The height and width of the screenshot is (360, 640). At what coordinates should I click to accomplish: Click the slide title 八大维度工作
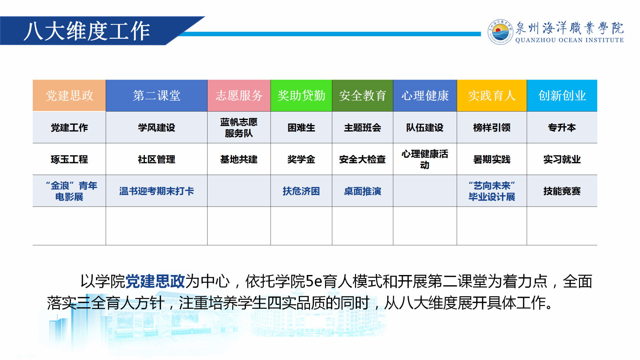click(x=87, y=31)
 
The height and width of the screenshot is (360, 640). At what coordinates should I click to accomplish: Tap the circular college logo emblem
click(x=500, y=32)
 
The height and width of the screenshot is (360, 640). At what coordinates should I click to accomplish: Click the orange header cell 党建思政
click(x=69, y=95)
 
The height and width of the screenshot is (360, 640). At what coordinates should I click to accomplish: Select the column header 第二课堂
click(x=157, y=95)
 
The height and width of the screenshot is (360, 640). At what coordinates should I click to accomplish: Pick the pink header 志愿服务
click(x=239, y=95)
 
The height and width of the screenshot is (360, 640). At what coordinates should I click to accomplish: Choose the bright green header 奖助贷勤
click(x=301, y=95)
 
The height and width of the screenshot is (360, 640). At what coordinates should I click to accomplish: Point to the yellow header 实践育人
click(x=492, y=95)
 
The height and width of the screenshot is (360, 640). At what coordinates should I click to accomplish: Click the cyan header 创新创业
click(x=562, y=95)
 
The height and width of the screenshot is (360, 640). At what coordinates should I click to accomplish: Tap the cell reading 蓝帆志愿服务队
click(x=239, y=127)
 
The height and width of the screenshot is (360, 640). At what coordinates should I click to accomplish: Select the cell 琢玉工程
click(x=69, y=159)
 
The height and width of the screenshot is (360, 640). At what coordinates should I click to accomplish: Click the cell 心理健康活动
click(x=425, y=159)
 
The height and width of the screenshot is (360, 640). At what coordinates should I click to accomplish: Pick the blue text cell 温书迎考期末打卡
click(x=157, y=191)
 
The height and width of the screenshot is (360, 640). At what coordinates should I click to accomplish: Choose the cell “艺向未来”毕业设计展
click(x=492, y=191)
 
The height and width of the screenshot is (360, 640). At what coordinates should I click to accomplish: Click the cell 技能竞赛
click(x=562, y=191)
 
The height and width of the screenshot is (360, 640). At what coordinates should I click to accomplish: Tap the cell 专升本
click(x=562, y=127)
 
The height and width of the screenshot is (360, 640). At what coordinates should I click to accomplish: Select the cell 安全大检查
click(x=362, y=159)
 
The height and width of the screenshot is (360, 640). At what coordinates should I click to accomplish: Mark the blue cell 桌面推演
click(x=362, y=191)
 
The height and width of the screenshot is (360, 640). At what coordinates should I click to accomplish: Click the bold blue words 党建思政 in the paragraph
click(x=155, y=281)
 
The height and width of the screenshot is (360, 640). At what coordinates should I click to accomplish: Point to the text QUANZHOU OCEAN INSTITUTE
click(x=569, y=40)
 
